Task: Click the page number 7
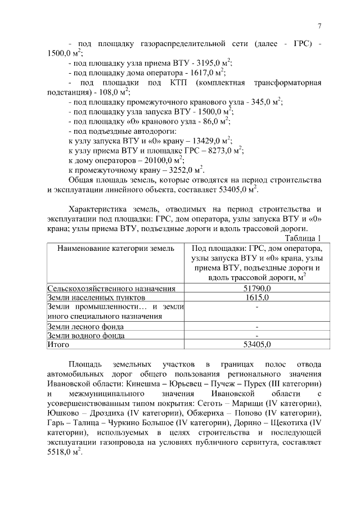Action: (319, 26)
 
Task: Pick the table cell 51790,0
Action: (256, 289)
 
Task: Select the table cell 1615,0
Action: (256, 298)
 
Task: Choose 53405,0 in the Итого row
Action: (256, 344)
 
